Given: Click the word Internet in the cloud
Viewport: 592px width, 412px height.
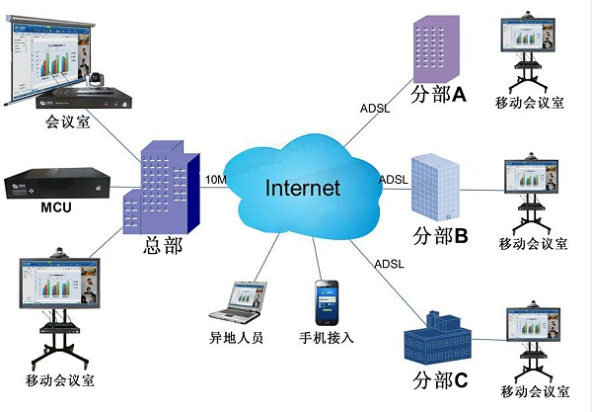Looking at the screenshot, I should point(301,188).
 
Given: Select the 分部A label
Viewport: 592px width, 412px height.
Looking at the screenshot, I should point(437,95).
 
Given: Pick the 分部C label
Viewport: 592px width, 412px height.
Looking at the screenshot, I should point(436,379).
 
